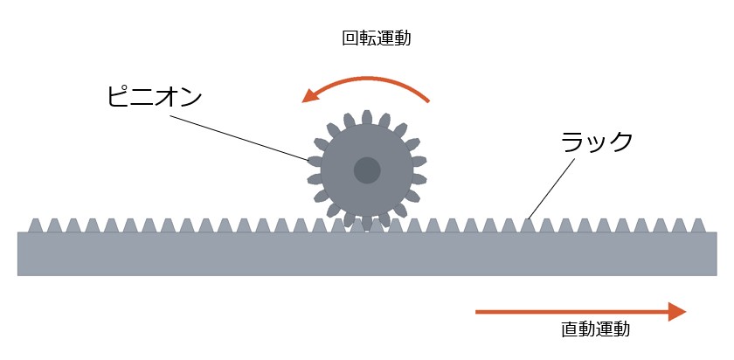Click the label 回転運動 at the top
[377, 38]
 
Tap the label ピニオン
[155, 97]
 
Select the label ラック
[597, 141]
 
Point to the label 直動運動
[595, 329]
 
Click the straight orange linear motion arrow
[580, 312]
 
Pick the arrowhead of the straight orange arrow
[677, 312]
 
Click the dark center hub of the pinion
[367, 170]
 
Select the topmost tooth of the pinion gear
[367, 117]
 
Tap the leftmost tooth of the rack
[36, 225]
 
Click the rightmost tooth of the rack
[698, 225]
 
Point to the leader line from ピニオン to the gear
[239, 138]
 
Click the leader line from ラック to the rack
[551, 189]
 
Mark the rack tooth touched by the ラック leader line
[528, 225]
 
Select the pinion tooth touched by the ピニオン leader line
[315, 162]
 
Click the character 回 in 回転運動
[350, 38]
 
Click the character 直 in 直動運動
[570, 329]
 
